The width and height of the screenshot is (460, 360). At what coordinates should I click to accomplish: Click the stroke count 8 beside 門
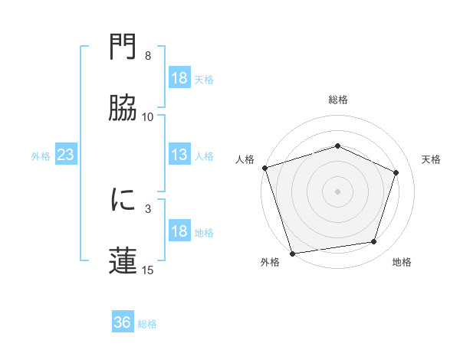pos(148,56)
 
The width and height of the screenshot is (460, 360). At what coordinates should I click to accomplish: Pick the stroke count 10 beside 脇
pos(148,116)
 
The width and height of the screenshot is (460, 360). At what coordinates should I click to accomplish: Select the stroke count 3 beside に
pos(148,208)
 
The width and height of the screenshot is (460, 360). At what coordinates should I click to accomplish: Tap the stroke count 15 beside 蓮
pos(148,269)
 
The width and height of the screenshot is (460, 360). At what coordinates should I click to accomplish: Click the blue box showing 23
pos(65,155)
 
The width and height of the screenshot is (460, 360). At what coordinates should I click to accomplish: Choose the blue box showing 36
pos(122,322)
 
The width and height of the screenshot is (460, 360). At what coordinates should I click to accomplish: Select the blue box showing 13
pos(179,155)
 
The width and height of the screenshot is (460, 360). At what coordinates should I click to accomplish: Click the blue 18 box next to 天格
pos(179,78)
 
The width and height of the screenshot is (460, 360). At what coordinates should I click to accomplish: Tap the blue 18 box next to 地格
pos(179,232)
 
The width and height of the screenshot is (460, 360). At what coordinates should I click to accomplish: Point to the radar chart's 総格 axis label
pos(338,100)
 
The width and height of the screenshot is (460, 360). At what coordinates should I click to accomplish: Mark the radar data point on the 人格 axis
pos(264,168)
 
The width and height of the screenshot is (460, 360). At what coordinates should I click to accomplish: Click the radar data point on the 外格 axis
pos(292,253)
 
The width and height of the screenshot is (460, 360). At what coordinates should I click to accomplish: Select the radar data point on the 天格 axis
pos(396,172)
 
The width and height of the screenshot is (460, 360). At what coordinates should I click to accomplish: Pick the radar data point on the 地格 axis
pos(374,242)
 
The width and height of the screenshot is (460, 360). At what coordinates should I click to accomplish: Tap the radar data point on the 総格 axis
pos(338,146)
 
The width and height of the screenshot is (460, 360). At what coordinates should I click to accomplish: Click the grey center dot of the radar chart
pos(338,191)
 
